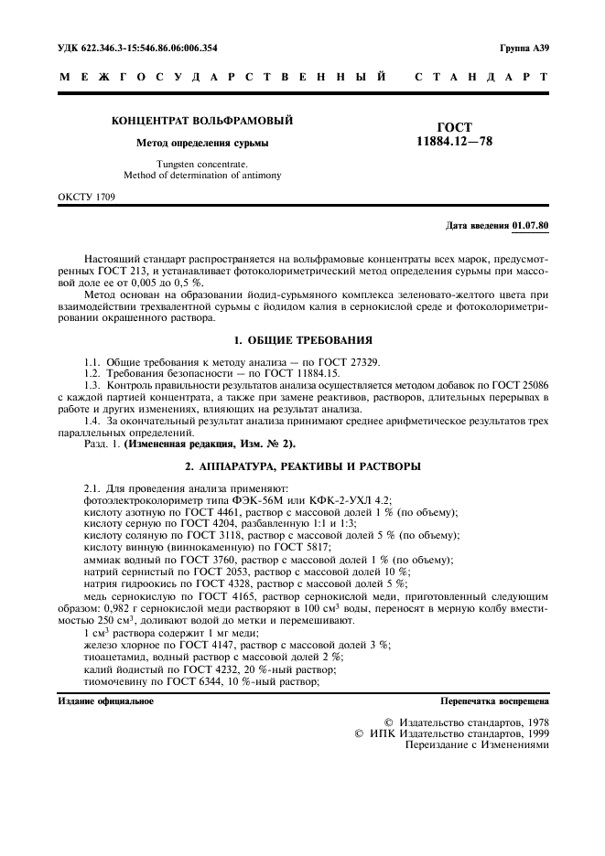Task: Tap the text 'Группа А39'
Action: (x=524, y=47)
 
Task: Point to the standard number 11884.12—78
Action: (x=455, y=142)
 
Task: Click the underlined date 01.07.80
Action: (x=531, y=224)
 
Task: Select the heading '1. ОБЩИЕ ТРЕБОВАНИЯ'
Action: (x=302, y=339)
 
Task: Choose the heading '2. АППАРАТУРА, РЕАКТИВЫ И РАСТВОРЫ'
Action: (x=302, y=466)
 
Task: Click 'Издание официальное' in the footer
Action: (x=105, y=701)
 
